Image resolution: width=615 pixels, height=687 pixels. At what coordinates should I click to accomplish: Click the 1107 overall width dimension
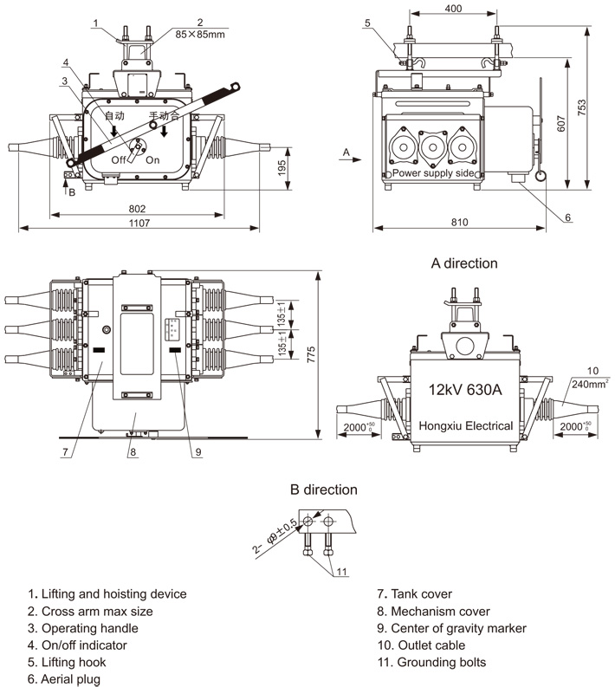point(139,223)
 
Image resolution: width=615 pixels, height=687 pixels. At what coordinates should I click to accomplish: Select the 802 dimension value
point(137,209)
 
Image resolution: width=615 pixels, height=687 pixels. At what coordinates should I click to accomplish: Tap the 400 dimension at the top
point(453,9)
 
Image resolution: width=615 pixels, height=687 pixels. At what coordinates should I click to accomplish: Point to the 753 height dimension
point(581,107)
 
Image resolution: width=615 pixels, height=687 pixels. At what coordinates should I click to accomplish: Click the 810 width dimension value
point(459,222)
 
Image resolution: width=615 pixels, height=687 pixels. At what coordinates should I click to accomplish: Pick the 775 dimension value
point(311,354)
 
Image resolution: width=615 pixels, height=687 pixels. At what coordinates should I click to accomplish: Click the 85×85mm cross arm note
point(200,34)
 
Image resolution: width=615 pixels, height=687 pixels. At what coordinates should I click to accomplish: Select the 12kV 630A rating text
point(465,389)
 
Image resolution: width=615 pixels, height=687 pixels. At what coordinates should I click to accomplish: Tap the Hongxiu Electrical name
point(466,425)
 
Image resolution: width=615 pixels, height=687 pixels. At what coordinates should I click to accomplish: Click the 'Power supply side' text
point(433,172)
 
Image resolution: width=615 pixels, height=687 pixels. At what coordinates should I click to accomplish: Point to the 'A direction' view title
point(464,262)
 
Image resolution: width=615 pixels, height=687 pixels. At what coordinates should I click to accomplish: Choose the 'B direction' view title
point(324,489)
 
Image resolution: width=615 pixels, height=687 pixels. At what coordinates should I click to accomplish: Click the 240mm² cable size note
point(590,384)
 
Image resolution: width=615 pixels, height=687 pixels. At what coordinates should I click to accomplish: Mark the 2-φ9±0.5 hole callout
point(275,536)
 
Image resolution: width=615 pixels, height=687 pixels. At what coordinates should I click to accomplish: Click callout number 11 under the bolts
point(341,571)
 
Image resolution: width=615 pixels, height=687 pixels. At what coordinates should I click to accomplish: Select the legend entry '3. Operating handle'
point(83,628)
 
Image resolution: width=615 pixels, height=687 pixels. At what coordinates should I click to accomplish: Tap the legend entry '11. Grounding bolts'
point(431,662)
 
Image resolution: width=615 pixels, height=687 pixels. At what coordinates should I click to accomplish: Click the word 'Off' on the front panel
point(119,160)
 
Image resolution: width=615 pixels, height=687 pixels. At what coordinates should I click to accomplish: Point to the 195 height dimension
point(282,168)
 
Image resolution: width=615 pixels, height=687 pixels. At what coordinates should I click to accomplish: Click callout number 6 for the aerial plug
point(567,217)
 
